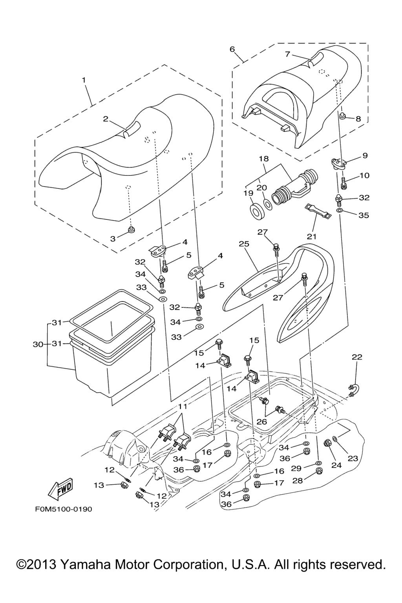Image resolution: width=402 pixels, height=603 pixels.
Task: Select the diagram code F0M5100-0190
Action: [x=63, y=509]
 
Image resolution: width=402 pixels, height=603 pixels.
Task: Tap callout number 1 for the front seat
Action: [x=84, y=80]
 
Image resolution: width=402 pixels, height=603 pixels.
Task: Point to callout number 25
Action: [x=244, y=244]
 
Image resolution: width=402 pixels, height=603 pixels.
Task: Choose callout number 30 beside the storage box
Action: [x=38, y=344]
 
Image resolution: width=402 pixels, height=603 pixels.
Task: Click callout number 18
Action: [x=263, y=159]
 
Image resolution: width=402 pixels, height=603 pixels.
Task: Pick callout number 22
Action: [x=357, y=357]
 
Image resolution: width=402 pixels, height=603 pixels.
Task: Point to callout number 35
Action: [x=364, y=216]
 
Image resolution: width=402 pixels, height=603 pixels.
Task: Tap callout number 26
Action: [x=262, y=422]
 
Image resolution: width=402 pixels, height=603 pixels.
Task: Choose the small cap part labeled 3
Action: [x=131, y=229]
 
